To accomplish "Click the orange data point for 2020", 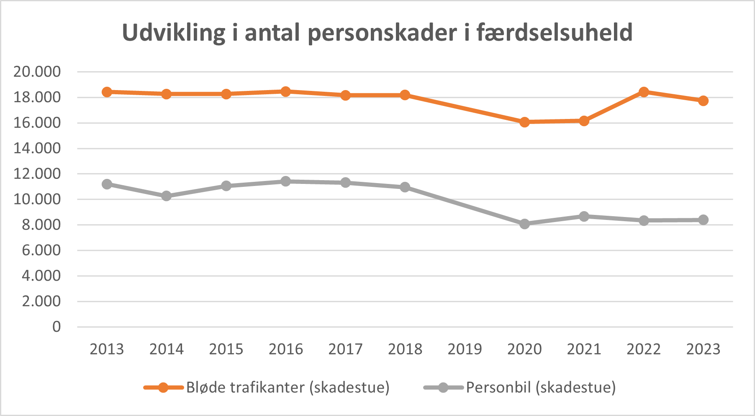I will click(x=524, y=122).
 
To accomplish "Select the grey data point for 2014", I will click(x=167, y=196).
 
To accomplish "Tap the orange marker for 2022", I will click(x=644, y=92).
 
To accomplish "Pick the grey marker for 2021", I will click(x=584, y=216).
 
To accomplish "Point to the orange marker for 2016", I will click(x=286, y=91).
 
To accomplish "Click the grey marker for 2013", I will click(x=107, y=184).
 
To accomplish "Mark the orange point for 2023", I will click(x=704, y=101).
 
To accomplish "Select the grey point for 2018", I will click(x=405, y=187).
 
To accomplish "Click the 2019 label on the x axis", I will click(x=465, y=349).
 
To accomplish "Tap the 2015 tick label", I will click(x=226, y=349).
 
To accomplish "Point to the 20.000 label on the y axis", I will click(x=37, y=72).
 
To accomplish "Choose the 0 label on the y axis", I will click(x=56, y=327).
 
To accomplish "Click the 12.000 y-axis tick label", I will click(x=37, y=173).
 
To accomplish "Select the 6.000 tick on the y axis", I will click(x=41, y=250).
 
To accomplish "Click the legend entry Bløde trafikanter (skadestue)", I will click(x=288, y=387).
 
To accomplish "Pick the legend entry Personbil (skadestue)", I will click(x=541, y=387).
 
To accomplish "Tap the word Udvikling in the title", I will click(x=173, y=33).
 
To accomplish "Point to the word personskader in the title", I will click(x=382, y=33).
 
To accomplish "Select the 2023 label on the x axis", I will click(x=703, y=349).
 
